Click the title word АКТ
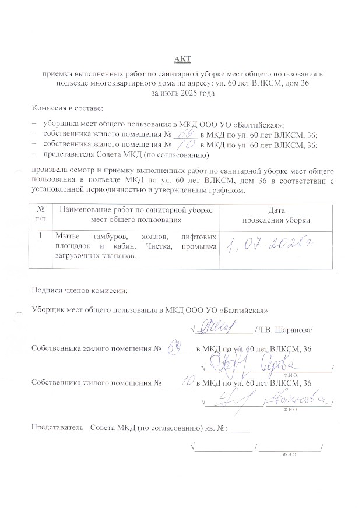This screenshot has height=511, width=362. pyautogui.click(x=182, y=59)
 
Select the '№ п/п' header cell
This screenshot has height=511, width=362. pyautogui.click(x=41, y=214)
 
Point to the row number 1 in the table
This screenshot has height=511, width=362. pyautogui.click(x=40, y=237)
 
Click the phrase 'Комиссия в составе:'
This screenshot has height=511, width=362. pyautogui.click(x=67, y=108)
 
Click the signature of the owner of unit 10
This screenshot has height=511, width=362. pyautogui.click(x=230, y=400)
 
